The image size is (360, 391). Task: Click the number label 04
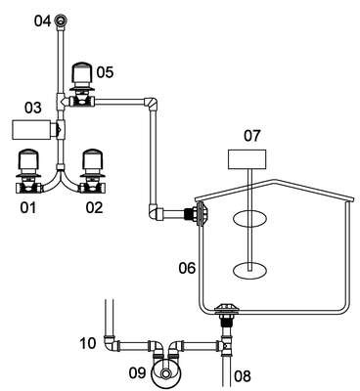coord(43,22)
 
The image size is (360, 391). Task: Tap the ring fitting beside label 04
coord(61,22)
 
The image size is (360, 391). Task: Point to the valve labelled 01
coord(29,172)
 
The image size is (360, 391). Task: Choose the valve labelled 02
coord(93,172)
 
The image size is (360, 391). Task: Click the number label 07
coord(252,136)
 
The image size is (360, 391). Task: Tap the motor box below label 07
coord(247,159)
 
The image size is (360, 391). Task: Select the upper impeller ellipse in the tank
coord(249,218)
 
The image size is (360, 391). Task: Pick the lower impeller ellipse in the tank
coord(249,271)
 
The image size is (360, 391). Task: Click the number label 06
coord(187,268)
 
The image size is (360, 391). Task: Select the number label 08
coord(243,376)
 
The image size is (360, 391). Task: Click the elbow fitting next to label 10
coord(110,343)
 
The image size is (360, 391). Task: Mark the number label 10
coord(87,343)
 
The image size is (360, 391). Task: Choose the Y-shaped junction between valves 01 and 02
coord(60,179)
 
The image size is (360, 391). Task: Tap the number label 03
coord(33,109)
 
